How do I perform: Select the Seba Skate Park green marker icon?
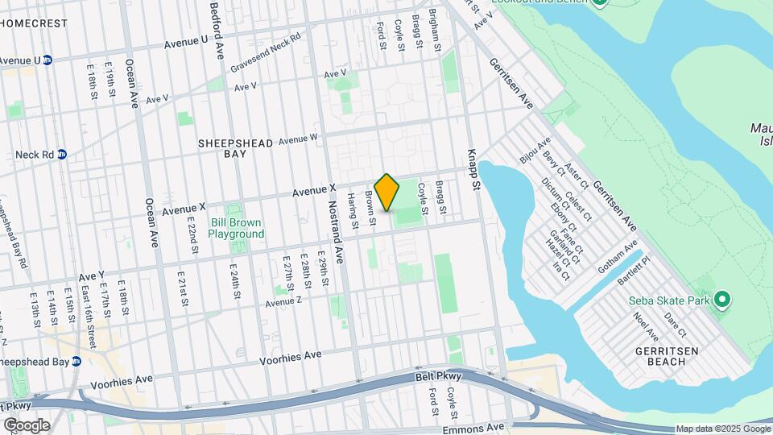[x=722, y=301]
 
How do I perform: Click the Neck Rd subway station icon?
[x=61, y=155]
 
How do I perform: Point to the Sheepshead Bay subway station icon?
[x=76, y=362]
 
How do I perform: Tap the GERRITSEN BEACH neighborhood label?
[x=671, y=356]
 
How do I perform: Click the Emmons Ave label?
[x=483, y=426]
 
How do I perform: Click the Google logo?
[x=27, y=425]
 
